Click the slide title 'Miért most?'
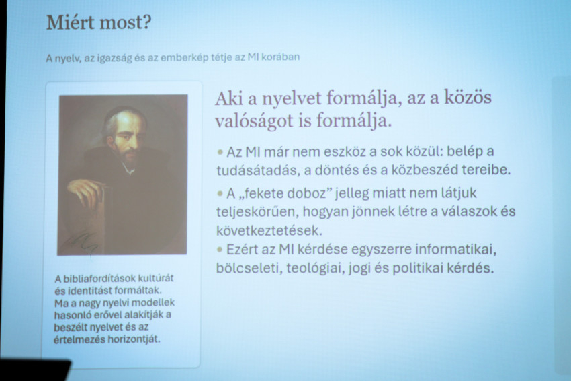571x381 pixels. click(x=99, y=23)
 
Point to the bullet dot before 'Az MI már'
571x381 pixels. click(x=220, y=151)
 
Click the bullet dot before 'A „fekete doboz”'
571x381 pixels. click(x=220, y=193)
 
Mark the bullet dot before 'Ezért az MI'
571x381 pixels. click(x=220, y=250)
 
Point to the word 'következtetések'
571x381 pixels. click(x=269, y=231)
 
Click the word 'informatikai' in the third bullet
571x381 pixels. click(x=456, y=250)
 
